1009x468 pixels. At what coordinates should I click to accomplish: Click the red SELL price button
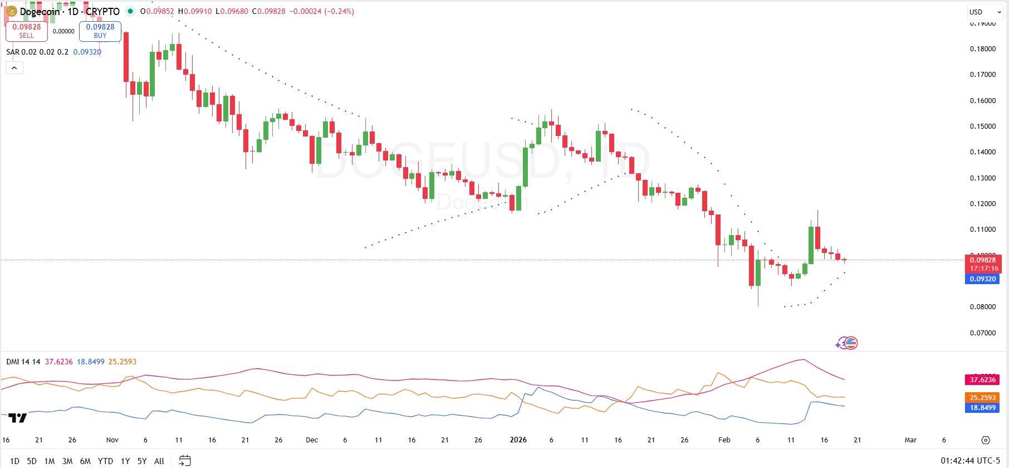pyautogui.click(x=27, y=31)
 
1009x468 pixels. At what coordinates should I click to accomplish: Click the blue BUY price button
pyautogui.click(x=100, y=31)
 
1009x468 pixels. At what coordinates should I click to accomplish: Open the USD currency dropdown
pyautogui.click(x=985, y=12)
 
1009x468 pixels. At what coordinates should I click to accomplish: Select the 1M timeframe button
pyautogui.click(x=50, y=461)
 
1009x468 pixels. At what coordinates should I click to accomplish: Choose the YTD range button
pyautogui.click(x=105, y=461)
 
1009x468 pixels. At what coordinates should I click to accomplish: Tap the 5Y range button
pyautogui.click(x=142, y=461)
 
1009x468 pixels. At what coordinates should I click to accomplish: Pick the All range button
pyautogui.click(x=159, y=461)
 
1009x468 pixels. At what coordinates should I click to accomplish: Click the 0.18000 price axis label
pyautogui.click(x=982, y=49)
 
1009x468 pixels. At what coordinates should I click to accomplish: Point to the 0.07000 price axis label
pyautogui.click(x=982, y=333)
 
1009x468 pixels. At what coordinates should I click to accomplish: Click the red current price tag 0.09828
pyautogui.click(x=983, y=260)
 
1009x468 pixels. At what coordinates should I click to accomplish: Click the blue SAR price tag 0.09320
pyautogui.click(x=983, y=279)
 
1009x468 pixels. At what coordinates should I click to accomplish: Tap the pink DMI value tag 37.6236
pyautogui.click(x=983, y=380)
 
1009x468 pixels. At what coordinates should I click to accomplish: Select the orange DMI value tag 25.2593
pyautogui.click(x=983, y=397)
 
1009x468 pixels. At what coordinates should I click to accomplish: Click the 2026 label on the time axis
pyautogui.click(x=518, y=440)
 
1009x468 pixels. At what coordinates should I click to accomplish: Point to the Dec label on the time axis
pyautogui.click(x=312, y=440)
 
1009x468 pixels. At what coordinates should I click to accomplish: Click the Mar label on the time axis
pyautogui.click(x=910, y=440)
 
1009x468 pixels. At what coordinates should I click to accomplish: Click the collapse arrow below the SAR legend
pyautogui.click(x=14, y=68)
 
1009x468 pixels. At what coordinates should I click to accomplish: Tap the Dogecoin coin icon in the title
pyautogui.click(x=11, y=11)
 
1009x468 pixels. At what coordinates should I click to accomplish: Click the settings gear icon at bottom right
pyautogui.click(x=986, y=440)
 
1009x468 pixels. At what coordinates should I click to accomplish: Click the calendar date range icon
pyautogui.click(x=185, y=461)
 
